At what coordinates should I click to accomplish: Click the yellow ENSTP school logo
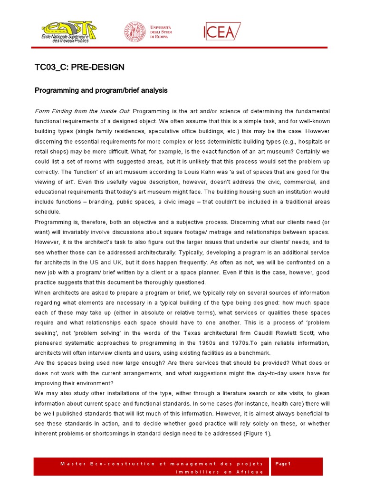click(x=68, y=31)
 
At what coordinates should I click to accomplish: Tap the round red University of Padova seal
click(x=135, y=32)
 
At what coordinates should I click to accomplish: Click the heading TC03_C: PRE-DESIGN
click(x=80, y=68)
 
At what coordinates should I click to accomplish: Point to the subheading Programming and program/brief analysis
click(x=101, y=90)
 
